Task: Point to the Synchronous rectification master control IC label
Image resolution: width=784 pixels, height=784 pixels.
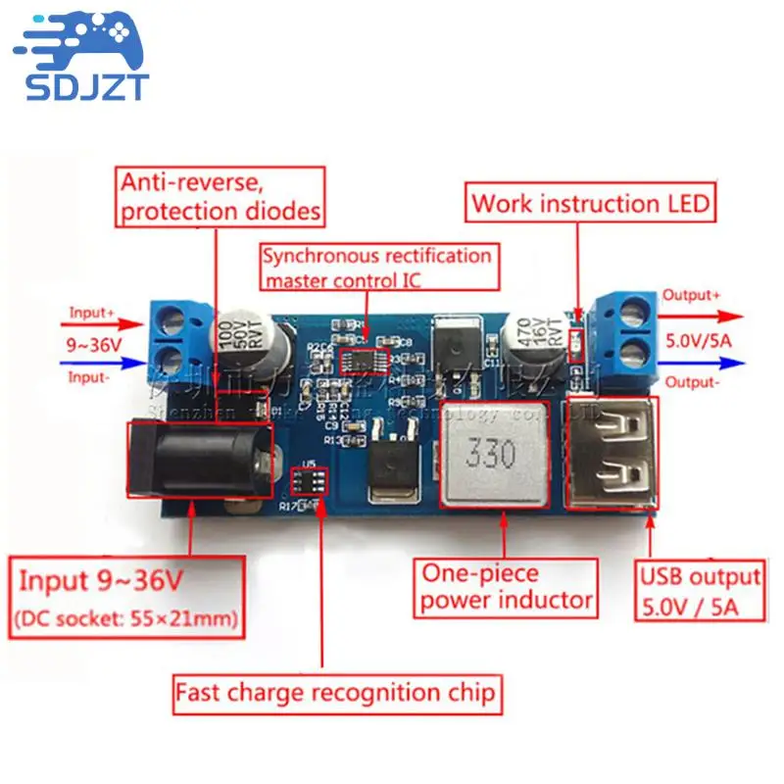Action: (x=376, y=267)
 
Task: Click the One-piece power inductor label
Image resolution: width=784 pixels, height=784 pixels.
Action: (x=506, y=586)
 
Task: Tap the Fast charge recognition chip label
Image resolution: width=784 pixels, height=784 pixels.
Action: (x=336, y=693)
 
